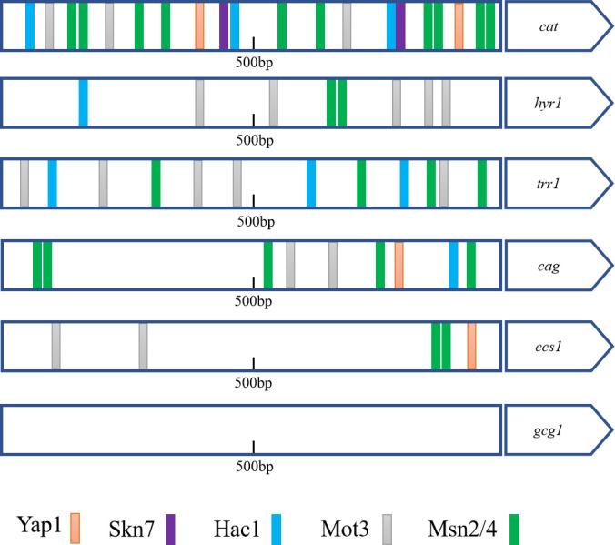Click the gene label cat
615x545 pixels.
[549, 25]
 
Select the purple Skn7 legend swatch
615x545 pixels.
[170, 526]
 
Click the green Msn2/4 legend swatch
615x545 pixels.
[514, 526]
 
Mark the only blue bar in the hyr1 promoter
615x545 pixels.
[84, 103]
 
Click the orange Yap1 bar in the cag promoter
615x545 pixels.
[398, 266]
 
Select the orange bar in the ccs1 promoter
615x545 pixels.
[471, 347]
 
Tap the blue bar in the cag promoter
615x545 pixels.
[454, 266]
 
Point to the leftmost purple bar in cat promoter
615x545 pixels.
[224, 25]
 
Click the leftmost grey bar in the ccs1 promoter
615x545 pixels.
[56, 347]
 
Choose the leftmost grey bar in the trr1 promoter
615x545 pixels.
[25, 182]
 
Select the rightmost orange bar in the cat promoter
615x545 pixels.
[459, 25]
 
